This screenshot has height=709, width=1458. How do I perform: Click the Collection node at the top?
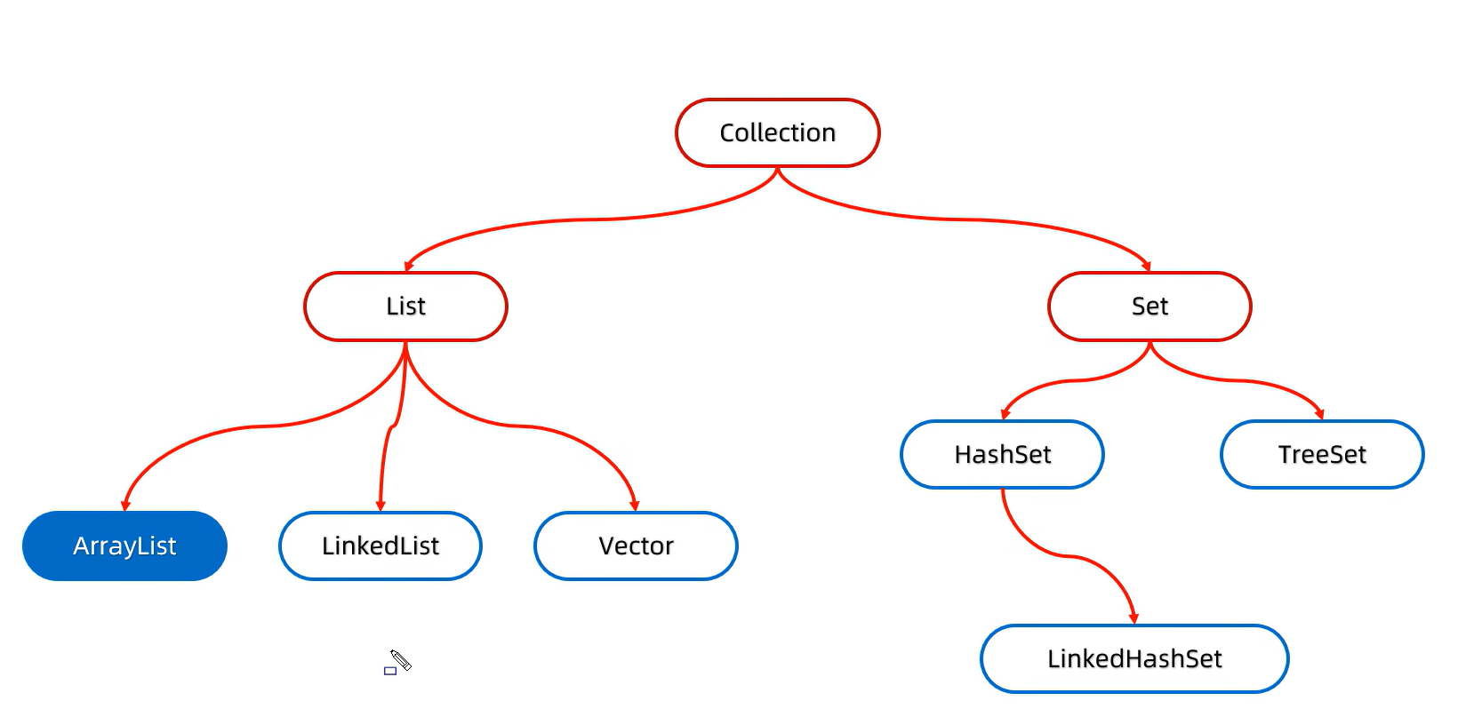777,132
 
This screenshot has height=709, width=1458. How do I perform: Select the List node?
405,306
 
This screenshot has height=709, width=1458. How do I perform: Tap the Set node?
1150,306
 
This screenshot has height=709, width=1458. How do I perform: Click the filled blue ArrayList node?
124,546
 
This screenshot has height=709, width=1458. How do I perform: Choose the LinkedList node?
381,546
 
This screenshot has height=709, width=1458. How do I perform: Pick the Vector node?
636,546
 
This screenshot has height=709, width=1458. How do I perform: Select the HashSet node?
1002,454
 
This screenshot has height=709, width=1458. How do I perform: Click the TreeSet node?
1322,454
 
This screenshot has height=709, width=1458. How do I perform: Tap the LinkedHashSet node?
1134,658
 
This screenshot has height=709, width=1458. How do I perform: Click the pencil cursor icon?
401,660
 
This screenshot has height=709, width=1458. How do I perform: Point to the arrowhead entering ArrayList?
125,506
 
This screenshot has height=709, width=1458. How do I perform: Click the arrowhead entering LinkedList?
381,506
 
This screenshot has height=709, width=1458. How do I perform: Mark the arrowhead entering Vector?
635,506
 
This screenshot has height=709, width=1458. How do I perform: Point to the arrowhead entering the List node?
409,266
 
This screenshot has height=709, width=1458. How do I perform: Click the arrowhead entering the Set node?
1147,266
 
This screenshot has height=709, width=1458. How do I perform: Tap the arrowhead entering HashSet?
1005,414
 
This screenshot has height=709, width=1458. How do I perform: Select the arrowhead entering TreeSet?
1320,414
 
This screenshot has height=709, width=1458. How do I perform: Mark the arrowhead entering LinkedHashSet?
1134,618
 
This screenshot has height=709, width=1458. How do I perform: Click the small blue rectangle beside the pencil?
389,671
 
